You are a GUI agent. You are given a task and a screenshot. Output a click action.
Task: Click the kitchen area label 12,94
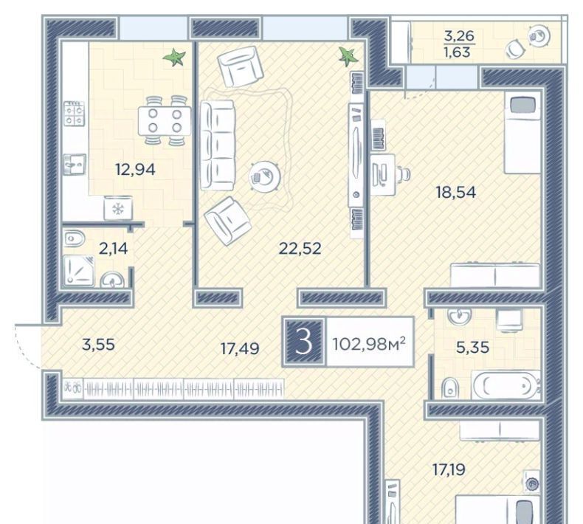coord(135,170)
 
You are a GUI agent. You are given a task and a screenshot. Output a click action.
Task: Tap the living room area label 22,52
coord(300,249)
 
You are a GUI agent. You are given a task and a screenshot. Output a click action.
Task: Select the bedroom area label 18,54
coord(456,193)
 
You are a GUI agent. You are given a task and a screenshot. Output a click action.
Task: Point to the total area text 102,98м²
coord(368,344)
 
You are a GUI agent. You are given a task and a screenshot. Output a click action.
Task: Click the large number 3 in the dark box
coord(304,342)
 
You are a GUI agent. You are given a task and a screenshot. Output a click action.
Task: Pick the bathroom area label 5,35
coord(472,348)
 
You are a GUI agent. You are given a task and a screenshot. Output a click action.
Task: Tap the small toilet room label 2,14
coord(113,249)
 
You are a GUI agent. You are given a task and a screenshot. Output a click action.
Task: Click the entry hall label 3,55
coord(98,345)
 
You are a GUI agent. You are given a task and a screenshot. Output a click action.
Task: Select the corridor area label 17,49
coord(240,349)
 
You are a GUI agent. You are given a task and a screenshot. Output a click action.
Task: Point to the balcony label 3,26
coord(459,36)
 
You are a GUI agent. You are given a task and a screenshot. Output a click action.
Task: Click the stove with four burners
coord(74,114)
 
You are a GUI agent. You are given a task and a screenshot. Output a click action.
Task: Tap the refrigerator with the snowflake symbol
coord(118,209)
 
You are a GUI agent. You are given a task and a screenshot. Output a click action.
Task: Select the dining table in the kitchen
coord(165,121)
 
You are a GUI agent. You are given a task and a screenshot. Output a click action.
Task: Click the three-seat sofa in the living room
coord(218,145)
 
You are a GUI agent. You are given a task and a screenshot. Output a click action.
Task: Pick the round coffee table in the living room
coord(265,176)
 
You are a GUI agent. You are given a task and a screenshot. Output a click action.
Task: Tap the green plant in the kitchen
coord(174,58)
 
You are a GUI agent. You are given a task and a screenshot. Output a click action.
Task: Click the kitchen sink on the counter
coord(75,164)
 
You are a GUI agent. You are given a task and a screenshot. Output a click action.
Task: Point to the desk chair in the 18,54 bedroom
coord(404,173)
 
